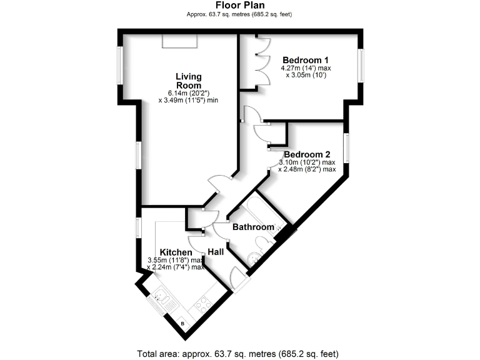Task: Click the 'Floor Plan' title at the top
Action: [240, 5]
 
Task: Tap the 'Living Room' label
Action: [188, 81]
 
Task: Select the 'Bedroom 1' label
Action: [304, 60]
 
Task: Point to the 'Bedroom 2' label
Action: [307, 154]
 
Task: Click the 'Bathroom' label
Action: [253, 227]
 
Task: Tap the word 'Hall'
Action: [216, 251]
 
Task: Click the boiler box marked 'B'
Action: [182, 323]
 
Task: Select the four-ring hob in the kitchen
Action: [203, 306]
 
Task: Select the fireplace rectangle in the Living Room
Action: [179, 41]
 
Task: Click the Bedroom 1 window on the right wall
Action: [361, 64]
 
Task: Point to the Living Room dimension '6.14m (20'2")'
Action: [188, 92]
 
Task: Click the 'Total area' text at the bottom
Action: [240, 353]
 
